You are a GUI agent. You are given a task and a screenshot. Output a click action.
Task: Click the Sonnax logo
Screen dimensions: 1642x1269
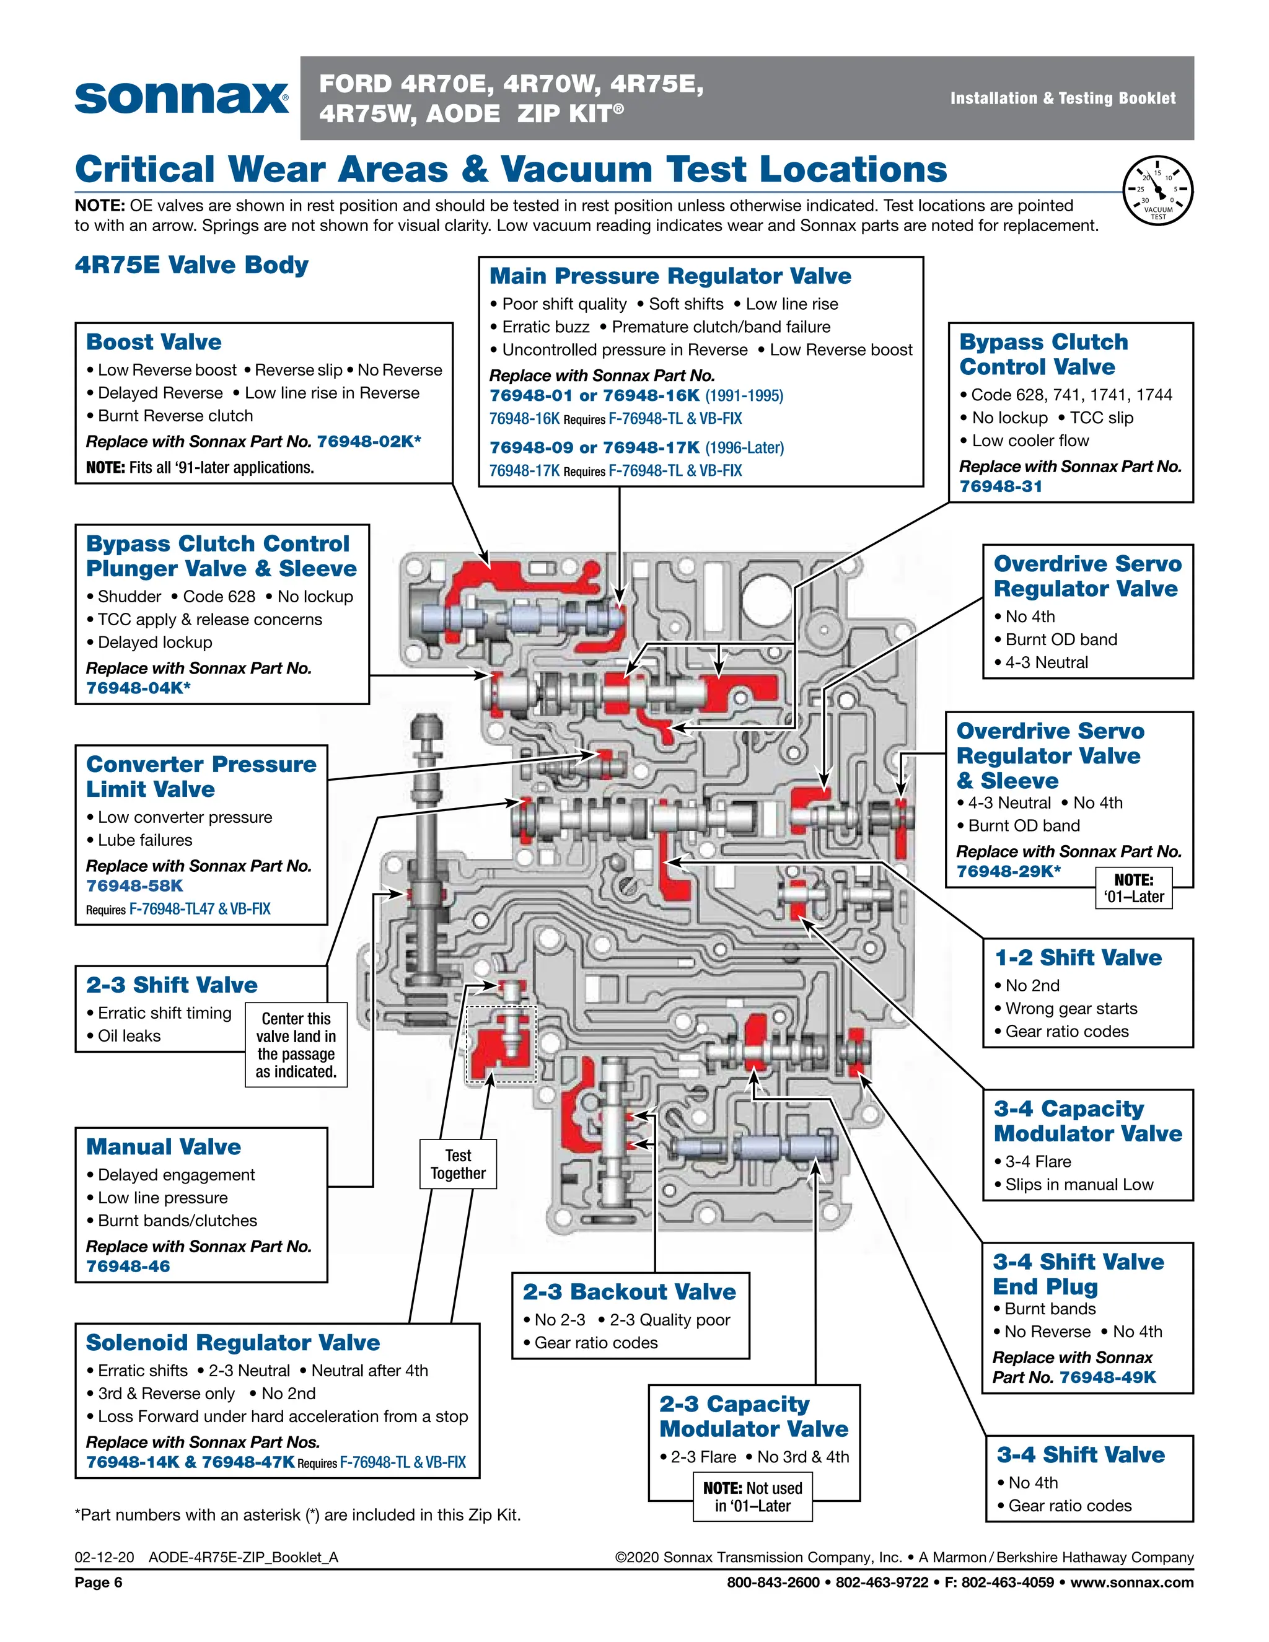[181, 97]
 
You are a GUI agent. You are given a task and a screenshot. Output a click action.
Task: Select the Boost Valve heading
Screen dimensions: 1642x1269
[154, 342]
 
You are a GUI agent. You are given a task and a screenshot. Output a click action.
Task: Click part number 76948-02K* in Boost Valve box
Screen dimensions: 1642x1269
[369, 441]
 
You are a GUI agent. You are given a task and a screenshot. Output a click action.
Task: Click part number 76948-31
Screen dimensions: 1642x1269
[1001, 486]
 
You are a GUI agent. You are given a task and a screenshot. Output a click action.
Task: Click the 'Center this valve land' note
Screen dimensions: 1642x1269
[296, 1045]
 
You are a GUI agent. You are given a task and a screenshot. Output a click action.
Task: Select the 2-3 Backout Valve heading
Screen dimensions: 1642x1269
[630, 1292]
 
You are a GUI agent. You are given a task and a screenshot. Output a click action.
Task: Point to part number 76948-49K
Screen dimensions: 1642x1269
[1107, 1377]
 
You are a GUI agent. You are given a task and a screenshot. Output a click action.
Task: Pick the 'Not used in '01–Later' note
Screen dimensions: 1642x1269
[752, 1497]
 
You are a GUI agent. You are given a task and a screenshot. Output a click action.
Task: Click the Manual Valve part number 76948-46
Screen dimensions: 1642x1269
[128, 1266]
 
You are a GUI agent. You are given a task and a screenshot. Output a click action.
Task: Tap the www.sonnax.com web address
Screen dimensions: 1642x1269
[1131, 1583]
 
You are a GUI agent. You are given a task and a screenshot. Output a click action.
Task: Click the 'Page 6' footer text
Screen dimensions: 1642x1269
[99, 1583]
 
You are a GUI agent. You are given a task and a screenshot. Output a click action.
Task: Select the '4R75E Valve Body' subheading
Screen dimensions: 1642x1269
[191, 265]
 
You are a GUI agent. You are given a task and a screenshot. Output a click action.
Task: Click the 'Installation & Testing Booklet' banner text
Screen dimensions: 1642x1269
[1062, 99]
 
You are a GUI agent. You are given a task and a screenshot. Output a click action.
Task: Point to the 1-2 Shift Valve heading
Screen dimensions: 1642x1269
[1078, 958]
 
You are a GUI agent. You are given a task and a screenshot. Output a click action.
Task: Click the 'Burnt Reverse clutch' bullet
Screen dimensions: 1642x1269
[175, 416]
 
